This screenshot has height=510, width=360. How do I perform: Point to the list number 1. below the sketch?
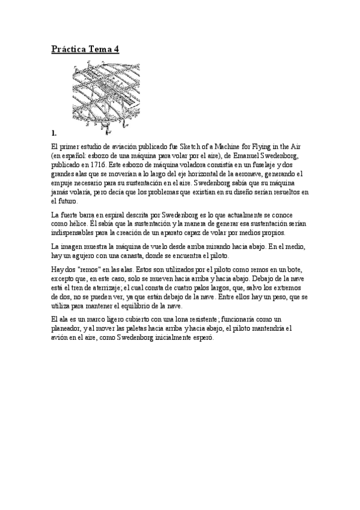pos(54,132)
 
